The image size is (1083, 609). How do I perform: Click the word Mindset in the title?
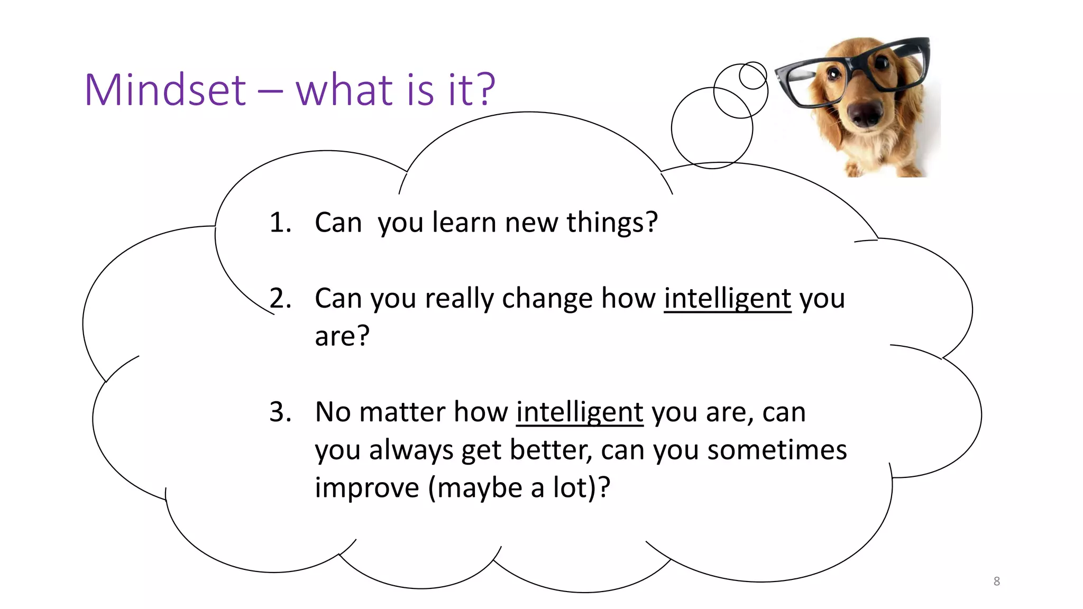pos(165,90)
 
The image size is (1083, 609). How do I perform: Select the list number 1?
pos(280,223)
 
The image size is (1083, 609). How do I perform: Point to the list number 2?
pos(280,299)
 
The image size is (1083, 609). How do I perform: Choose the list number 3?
pos(280,412)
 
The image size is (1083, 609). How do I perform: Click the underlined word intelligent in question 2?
pos(727,299)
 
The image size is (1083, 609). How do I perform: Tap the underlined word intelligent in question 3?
pos(580,412)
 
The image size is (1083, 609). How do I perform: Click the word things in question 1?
pos(612,223)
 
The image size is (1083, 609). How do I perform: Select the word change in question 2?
pos(547,299)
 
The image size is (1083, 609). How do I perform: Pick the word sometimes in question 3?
pos(777,450)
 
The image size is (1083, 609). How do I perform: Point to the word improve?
pos(366,488)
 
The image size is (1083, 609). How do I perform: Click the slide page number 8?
pos(996,582)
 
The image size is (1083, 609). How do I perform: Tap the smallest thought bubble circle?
pos(752,76)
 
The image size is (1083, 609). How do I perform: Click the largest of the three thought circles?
pos(711,128)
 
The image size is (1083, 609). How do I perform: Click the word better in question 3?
pos(550,450)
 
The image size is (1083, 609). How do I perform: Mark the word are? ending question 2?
pos(342,337)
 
